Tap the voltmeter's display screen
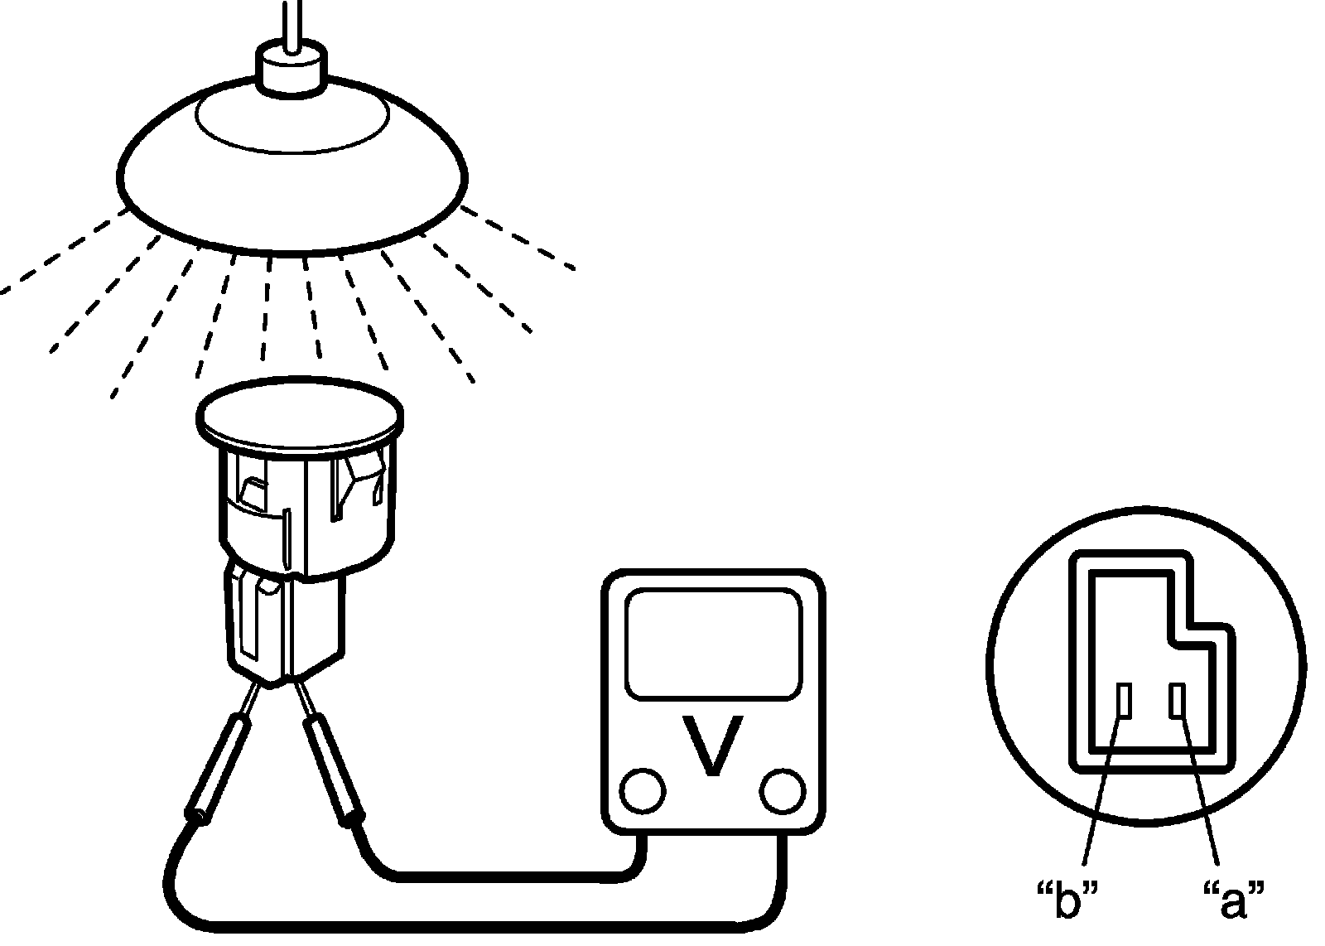tap(713, 644)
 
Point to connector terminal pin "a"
tap(1177, 701)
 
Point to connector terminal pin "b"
tap(1124, 701)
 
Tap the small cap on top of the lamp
tap(290, 68)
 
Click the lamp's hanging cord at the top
tap(290, 21)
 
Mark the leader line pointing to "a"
tap(1200, 787)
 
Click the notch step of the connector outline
tap(1192, 630)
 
